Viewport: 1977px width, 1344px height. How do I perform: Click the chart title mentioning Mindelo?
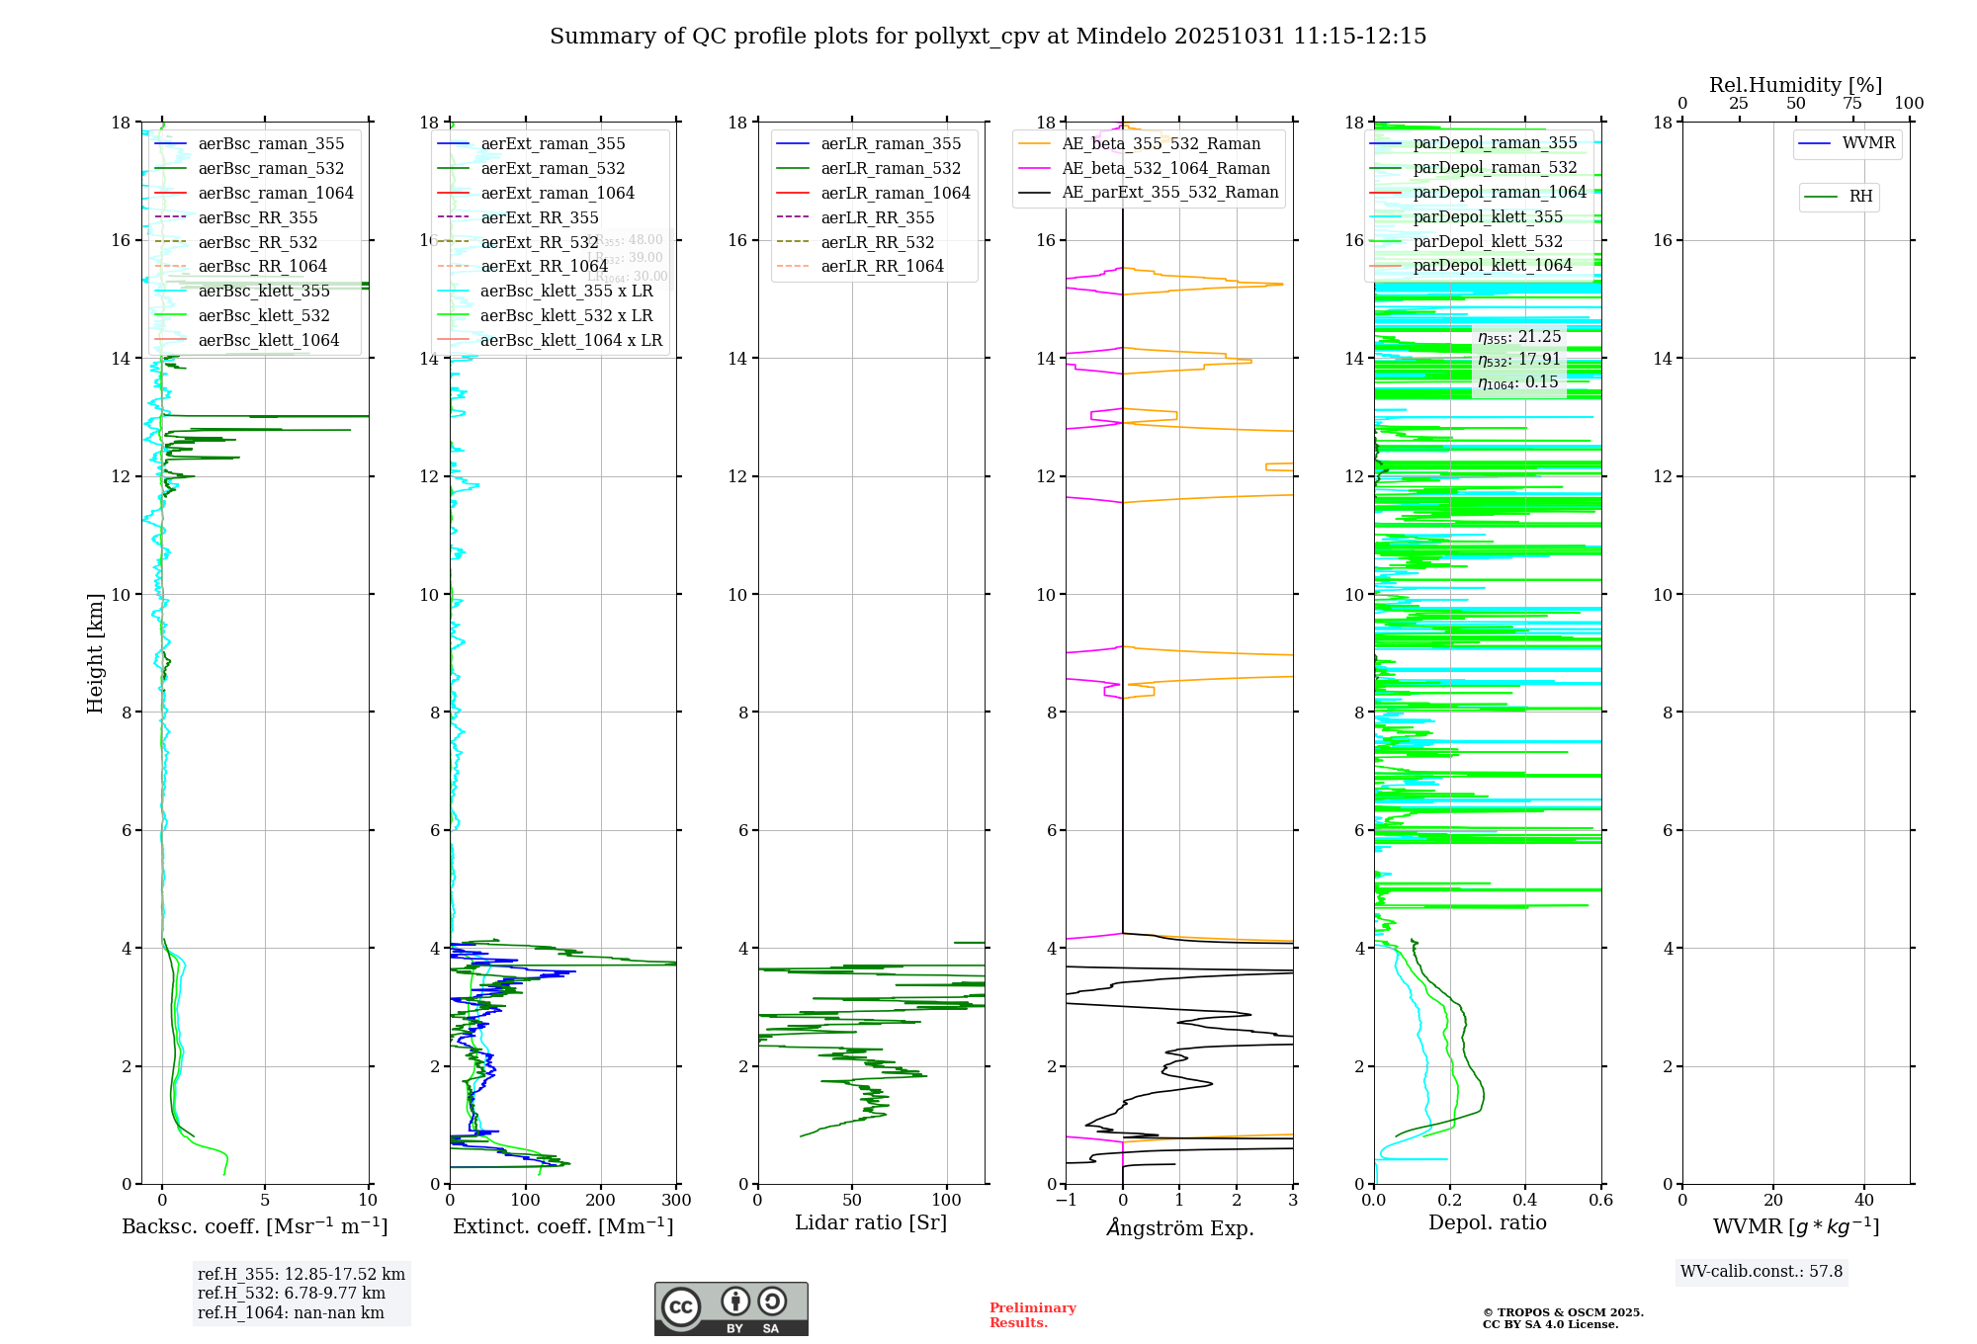click(988, 37)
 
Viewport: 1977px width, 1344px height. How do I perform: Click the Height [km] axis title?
click(95, 652)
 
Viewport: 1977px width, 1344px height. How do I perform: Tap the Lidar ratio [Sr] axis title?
click(870, 1222)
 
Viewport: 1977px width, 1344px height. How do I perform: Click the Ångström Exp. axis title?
click(1179, 1227)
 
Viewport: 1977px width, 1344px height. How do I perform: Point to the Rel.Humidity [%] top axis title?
click(1795, 85)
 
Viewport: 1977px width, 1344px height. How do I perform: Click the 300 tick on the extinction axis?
click(677, 1201)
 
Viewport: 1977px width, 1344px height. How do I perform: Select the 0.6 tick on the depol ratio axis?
click(1600, 1201)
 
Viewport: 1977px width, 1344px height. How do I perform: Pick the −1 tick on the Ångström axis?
click(1065, 1201)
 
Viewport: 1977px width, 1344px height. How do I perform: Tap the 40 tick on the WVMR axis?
click(1863, 1201)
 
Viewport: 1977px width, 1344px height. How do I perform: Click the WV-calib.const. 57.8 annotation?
click(1762, 1271)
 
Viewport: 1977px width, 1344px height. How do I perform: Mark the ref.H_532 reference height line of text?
click(292, 1293)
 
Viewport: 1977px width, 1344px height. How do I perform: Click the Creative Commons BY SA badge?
click(731, 1308)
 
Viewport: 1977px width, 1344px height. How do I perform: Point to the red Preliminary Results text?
click(1032, 1314)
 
